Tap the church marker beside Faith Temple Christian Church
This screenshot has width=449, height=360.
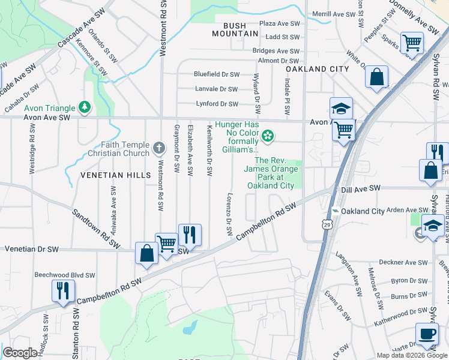tap(159, 148)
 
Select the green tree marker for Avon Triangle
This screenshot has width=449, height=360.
tap(85, 107)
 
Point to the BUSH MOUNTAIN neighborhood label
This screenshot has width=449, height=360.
tap(226, 30)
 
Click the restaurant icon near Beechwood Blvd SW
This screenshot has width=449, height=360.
tap(63, 292)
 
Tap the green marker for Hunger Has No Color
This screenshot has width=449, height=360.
tap(268, 137)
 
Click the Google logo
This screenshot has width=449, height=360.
tap(20, 353)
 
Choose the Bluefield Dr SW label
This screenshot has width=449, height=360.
tap(217, 74)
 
